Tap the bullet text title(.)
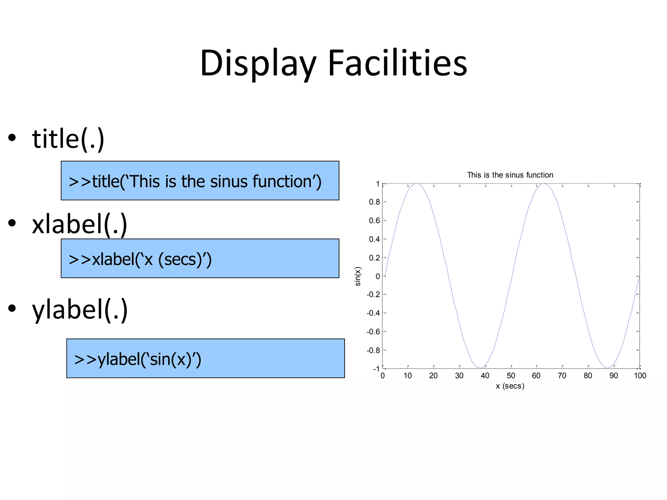pos(68,139)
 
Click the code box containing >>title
pos(200,181)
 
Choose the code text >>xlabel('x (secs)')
pos(140,259)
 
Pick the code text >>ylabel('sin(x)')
pos(138,359)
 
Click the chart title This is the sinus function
pos(510,175)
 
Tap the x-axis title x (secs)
pos(510,386)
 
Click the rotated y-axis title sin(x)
pos(358,276)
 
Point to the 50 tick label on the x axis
pos(511,376)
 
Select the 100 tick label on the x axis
pos(640,376)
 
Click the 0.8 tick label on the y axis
pos(374,202)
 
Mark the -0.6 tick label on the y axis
pos(373,332)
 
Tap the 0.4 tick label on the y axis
pos(374,239)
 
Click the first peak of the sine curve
pos(416,184)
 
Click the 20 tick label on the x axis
pos(433,376)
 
